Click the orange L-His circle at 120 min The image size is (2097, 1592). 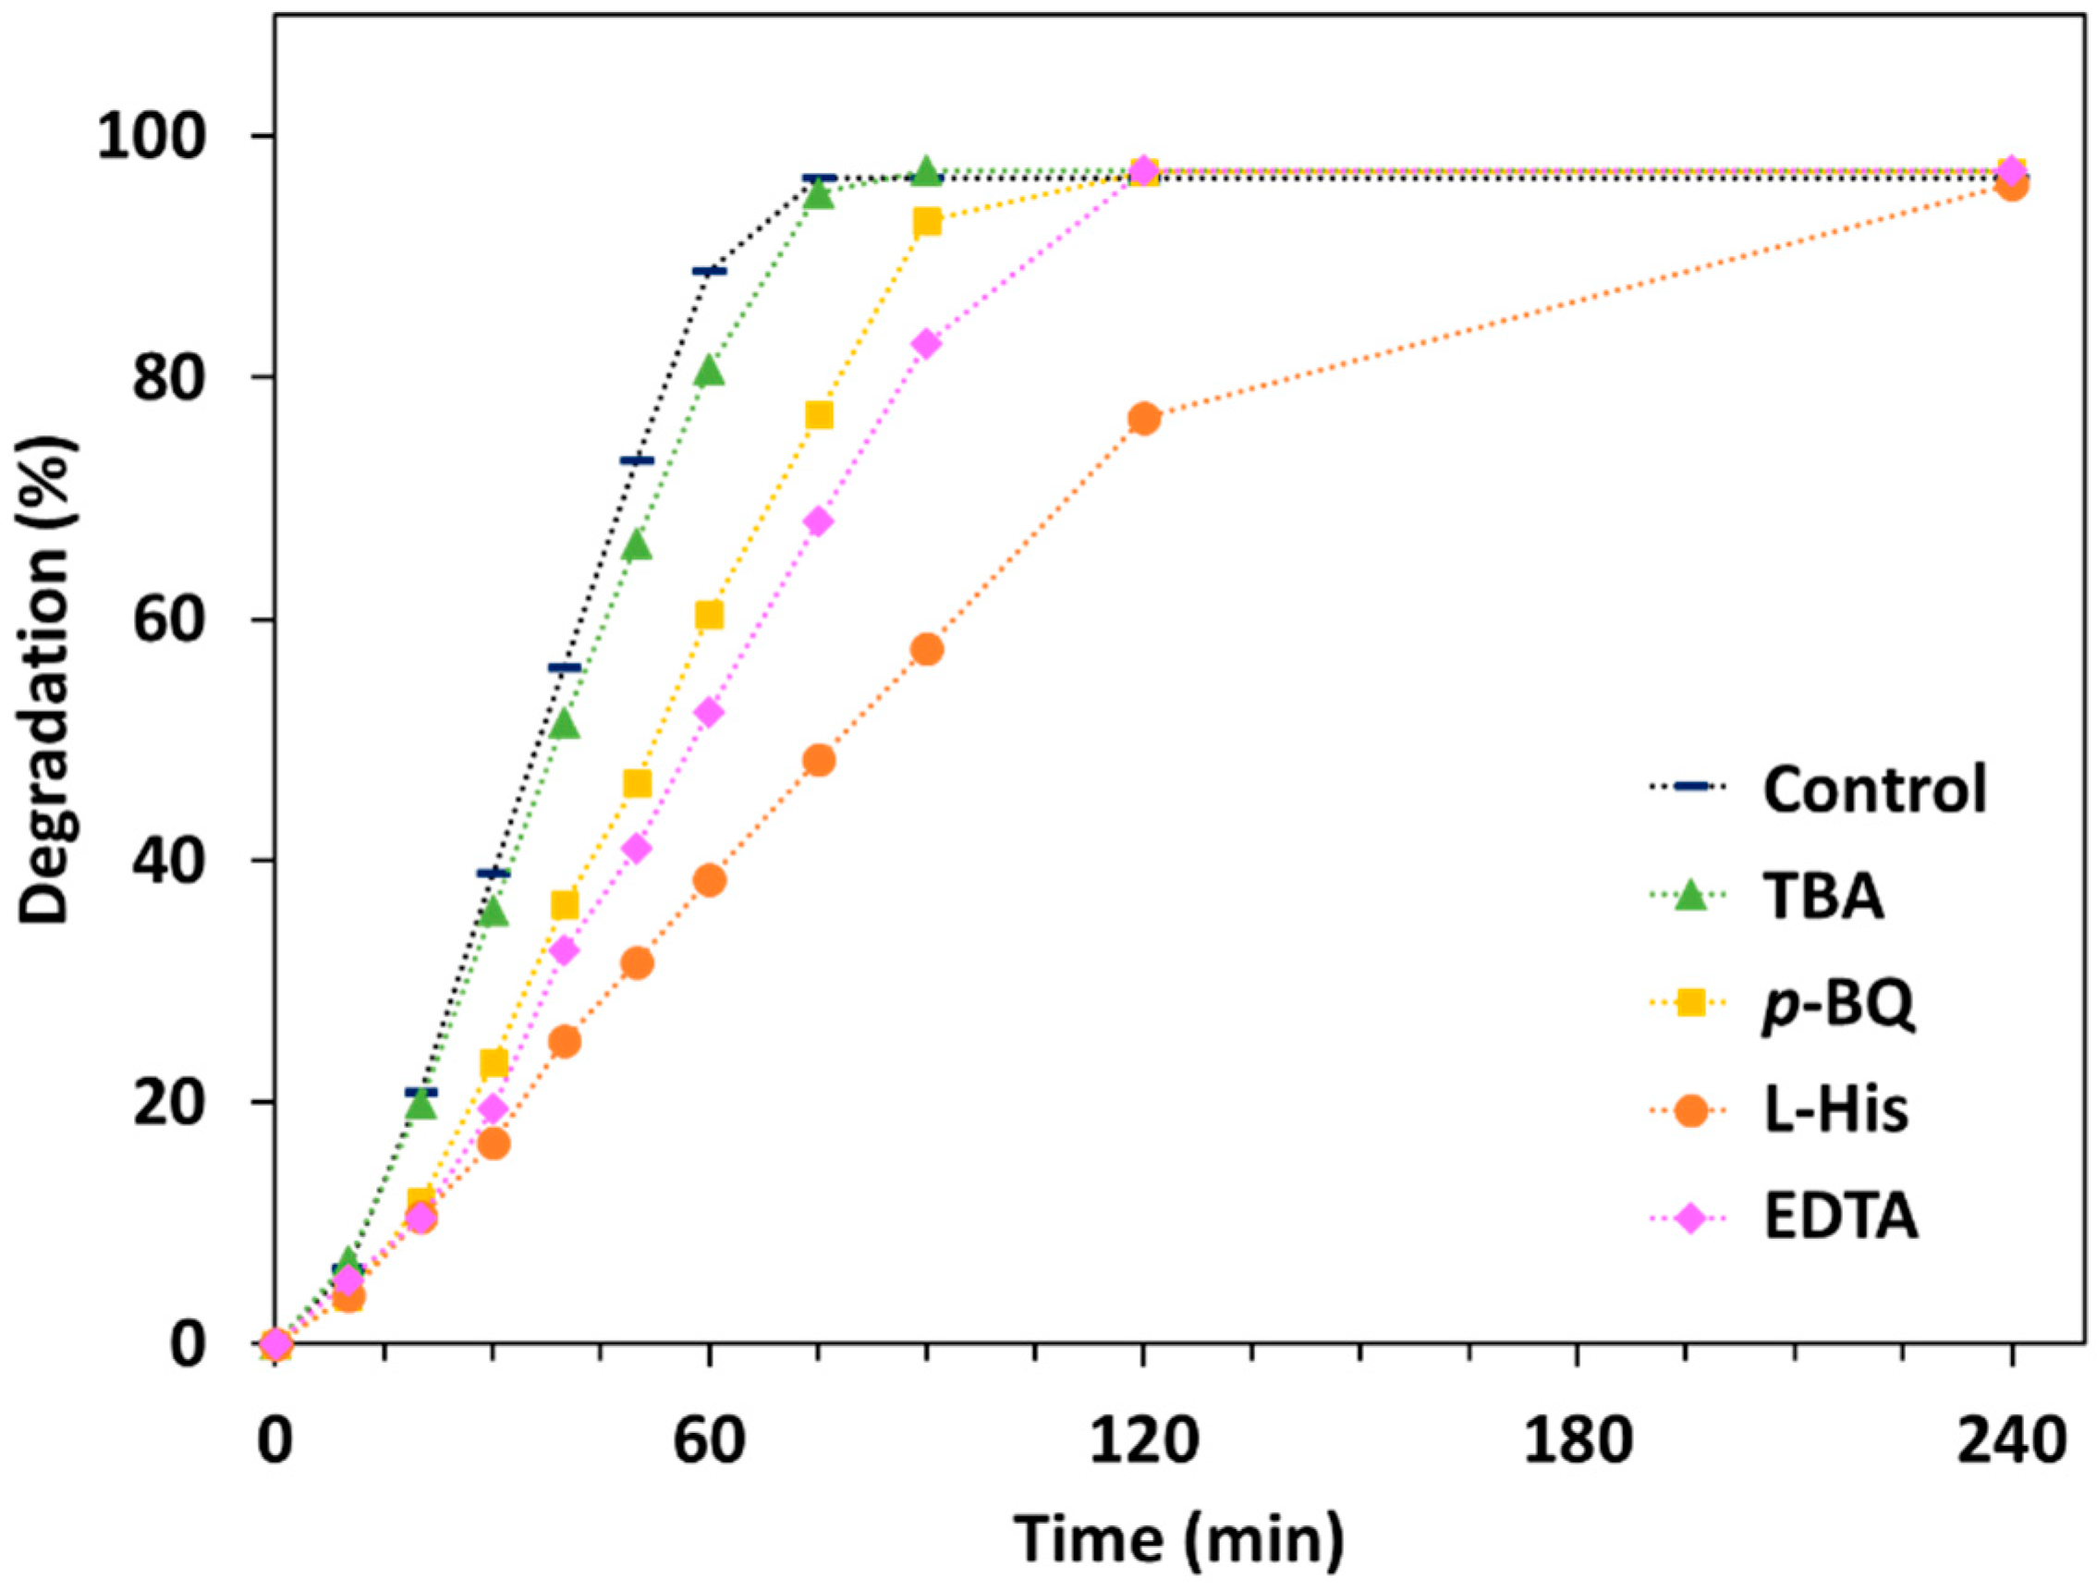coord(1144,418)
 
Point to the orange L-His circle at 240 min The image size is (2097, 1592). coord(2012,185)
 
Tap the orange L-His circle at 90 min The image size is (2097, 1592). coord(927,650)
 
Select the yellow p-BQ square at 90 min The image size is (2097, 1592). coord(927,222)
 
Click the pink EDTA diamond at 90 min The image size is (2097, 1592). coord(927,343)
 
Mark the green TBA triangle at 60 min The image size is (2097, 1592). coord(709,371)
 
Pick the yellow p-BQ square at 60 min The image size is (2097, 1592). coord(709,616)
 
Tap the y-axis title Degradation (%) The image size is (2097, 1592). coord(44,679)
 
